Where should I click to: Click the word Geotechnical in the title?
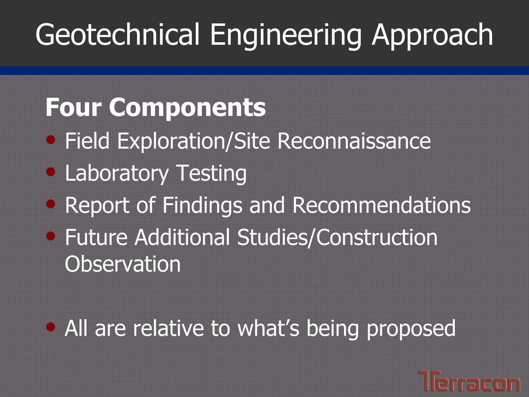pyautogui.click(x=118, y=35)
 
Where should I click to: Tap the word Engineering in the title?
pyautogui.click(x=285, y=35)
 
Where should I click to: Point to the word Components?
pyautogui.click(x=187, y=108)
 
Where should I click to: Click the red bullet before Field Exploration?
pyautogui.click(x=51, y=140)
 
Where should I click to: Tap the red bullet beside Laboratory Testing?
pyautogui.click(x=51, y=172)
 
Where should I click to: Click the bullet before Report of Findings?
pyautogui.click(x=51, y=204)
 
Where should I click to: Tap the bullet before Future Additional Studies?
pyautogui.click(x=51, y=236)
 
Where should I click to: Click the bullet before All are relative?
pyautogui.click(x=51, y=327)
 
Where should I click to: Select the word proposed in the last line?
pyautogui.click(x=411, y=329)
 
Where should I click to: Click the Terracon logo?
pyautogui.click(x=469, y=381)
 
